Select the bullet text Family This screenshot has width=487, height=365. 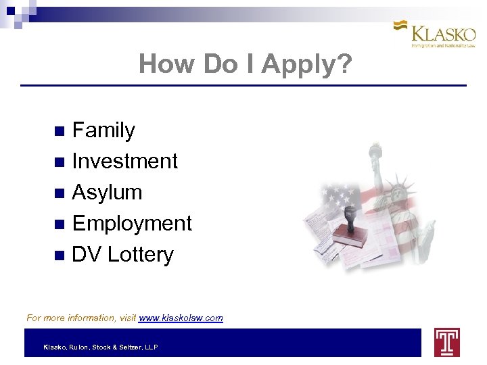103,130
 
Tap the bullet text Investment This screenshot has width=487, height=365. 124,161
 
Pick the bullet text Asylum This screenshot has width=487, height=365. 107,192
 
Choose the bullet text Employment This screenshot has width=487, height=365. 132,223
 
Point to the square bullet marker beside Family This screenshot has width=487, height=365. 59,130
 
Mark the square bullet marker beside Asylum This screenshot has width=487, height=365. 59,193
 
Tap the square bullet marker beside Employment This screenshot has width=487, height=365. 59,224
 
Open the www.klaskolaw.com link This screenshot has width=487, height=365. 181,318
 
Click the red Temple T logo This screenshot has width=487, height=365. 446,342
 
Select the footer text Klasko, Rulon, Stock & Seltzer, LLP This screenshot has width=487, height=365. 100,347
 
